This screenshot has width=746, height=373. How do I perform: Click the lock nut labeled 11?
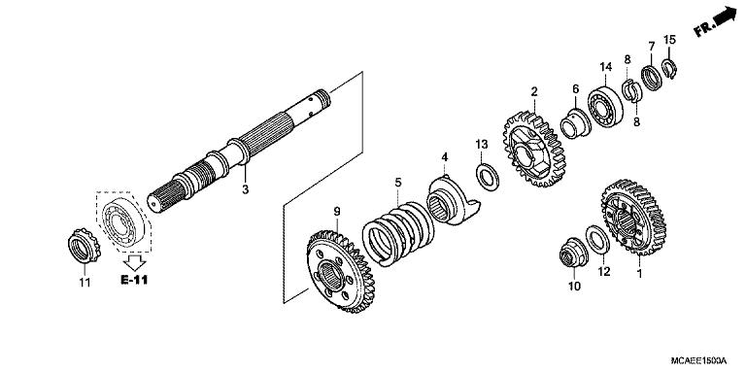pos(84,247)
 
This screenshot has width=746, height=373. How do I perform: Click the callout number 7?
pos(650,46)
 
